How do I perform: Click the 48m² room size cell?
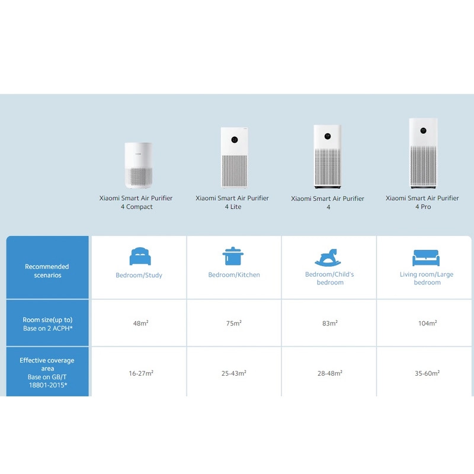(140, 323)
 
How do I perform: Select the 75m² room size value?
(233, 323)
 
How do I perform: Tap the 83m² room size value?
(330, 323)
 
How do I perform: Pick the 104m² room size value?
(427, 323)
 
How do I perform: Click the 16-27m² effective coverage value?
(141, 373)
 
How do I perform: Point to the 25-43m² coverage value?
(233, 373)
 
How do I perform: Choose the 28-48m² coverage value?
(330, 373)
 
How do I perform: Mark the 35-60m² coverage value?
(427, 373)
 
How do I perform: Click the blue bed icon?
(140, 256)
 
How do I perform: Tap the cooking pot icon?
(233, 256)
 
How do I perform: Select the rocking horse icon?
(328, 257)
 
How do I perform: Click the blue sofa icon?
(426, 258)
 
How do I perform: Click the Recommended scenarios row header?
(47, 271)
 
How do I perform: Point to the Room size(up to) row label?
(47, 320)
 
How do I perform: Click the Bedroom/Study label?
(139, 275)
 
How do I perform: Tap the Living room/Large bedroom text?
(427, 278)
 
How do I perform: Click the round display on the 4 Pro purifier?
(423, 130)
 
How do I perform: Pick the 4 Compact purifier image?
(139, 165)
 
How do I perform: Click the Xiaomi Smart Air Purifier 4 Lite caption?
(232, 202)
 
